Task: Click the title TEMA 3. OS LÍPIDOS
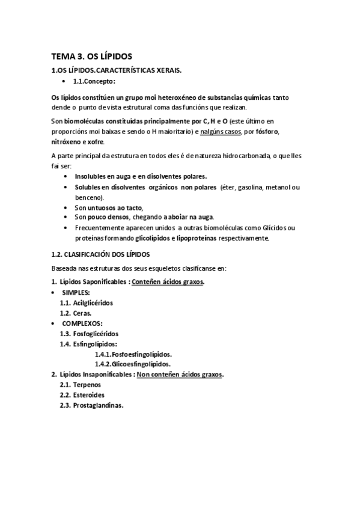[x=92, y=57]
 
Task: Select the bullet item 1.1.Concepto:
[x=94, y=81]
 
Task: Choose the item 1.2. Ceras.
[x=76, y=313]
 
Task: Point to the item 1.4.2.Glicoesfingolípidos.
[x=132, y=364]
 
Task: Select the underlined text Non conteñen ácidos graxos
[x=180, y=374]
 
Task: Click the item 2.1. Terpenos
[x=80, y=384]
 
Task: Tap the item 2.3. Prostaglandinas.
[x=91, y=405]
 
